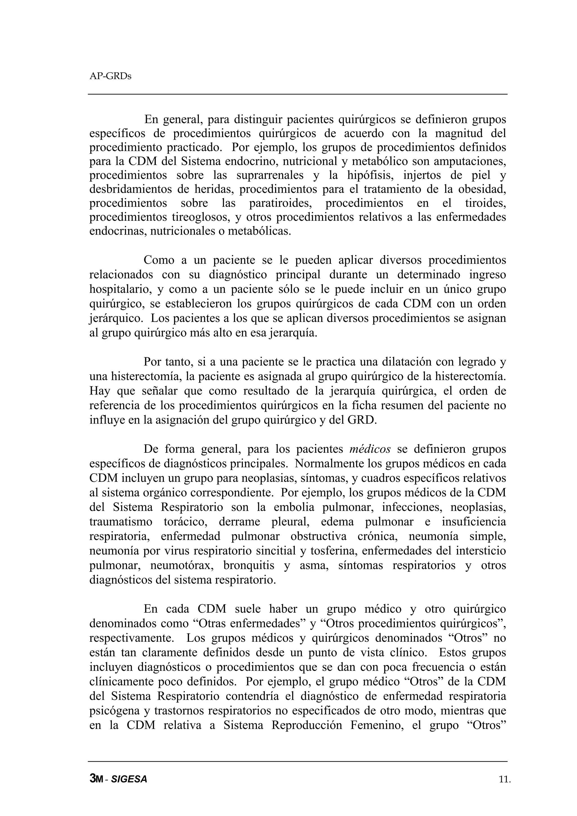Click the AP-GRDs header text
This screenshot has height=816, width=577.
coord(110,76)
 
